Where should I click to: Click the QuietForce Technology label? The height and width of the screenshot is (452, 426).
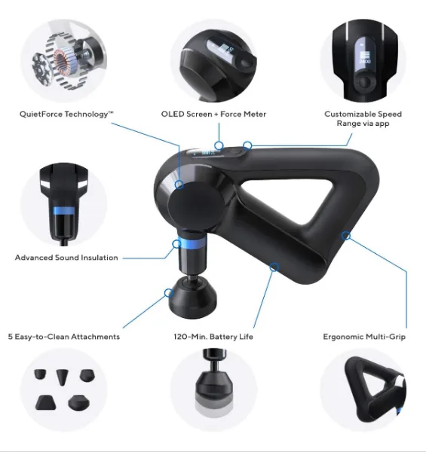pyautogui.click(x=66, y=115)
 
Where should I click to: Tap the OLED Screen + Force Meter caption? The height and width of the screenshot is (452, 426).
pyautogui.click(x=213, y=115)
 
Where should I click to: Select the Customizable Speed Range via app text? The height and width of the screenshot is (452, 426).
pyautogui.click(x=363, y=118)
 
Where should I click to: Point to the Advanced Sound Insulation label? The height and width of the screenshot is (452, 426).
pyautogui.click(x=66, y=258)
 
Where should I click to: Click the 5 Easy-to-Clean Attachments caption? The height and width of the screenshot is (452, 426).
pyautogui.click(x=64, y=337)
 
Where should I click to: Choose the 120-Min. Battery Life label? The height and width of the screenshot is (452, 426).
pyautogui.click(x=213, y=337)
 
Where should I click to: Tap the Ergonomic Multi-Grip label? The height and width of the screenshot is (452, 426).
pyautogui.click(x=364, y=337)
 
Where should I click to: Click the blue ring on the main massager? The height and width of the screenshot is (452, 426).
pyautogui.click(x=192, y=241)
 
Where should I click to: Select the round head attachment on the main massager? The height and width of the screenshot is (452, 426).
pyautogui.click(x=193, y=298)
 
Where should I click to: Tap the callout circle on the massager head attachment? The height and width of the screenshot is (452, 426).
pyautogui.click(x=168, y=293)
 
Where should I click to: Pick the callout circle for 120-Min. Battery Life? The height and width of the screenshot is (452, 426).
pyautogui.click(x=274, y=267)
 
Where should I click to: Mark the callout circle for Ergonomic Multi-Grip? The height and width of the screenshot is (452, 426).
pyautogui.click(x=346, y=236)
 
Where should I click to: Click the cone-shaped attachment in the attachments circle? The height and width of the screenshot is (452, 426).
pyautogui.click(x=62, y=377)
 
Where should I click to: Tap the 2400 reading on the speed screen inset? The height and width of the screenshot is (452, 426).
pyautogui.click(x=365, y=62)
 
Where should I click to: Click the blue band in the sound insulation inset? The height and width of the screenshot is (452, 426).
pyautogui.click(x=63, y=211)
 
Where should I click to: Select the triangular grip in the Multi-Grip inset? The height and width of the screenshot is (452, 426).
pyautogui.click(x=375, y=389)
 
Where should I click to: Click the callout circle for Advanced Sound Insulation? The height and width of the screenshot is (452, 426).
pyautogui.click(x=176, y=244)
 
